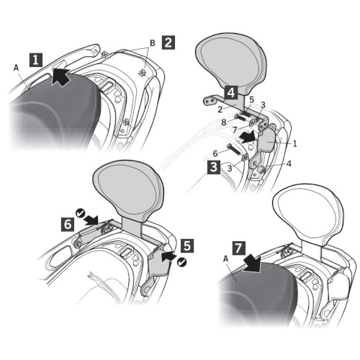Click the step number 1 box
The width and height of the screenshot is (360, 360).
(x=36, y=60)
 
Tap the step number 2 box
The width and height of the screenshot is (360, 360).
(x=168, y=42)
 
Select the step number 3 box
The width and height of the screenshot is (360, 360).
(x=214, y=167)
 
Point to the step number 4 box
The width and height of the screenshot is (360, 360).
(x=231, y=93)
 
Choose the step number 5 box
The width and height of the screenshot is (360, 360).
(x=187, y=246)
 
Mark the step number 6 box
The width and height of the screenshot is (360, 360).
(x=68, y=225)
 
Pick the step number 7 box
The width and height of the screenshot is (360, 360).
(x=239, y=248)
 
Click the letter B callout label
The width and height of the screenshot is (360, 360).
(x=153, y=43)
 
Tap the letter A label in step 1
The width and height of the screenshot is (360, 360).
(x=16, y=68)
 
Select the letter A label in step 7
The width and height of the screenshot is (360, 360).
(x=225, y=259)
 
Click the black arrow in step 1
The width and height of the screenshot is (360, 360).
(x=60, y=76)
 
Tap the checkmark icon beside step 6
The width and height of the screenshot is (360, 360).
(x=80, y=212)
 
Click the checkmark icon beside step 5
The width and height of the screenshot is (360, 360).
(x=182, y=262)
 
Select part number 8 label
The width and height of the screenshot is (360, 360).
(x=224, y=122)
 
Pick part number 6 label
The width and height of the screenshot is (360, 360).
(x=215, y=153)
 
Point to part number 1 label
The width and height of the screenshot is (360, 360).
(x=295, y=143)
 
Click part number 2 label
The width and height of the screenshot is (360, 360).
(x=220, y=109)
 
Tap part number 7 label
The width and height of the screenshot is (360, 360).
(x=235, y=130)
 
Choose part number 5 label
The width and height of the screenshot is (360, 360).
(x=251, y=100)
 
